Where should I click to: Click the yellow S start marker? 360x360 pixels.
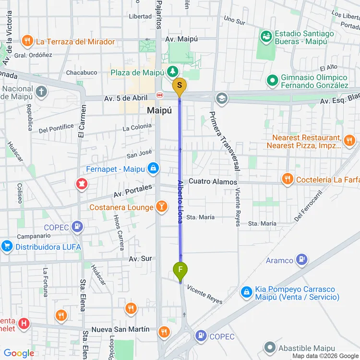tap(180, 87)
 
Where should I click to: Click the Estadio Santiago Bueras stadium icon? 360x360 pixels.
tap(265, 36)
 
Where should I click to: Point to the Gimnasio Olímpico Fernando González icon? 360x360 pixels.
tap(273, 81)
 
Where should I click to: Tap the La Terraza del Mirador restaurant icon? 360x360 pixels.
tap(28, 41)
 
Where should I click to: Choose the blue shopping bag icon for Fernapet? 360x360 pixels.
tap(153, 168)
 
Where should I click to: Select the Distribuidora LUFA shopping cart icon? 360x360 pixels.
tap(7, 246)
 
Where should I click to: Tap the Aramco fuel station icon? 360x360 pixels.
tap(301, 260)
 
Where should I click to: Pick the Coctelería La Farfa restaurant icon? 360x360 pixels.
tap(288, 180)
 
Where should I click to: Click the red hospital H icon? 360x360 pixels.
tap(24, 324)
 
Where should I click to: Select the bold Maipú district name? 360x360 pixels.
tap(159, 111)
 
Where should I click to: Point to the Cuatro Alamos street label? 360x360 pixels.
tap(213, 182)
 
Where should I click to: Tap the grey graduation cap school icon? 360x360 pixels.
tap(221, 98)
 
